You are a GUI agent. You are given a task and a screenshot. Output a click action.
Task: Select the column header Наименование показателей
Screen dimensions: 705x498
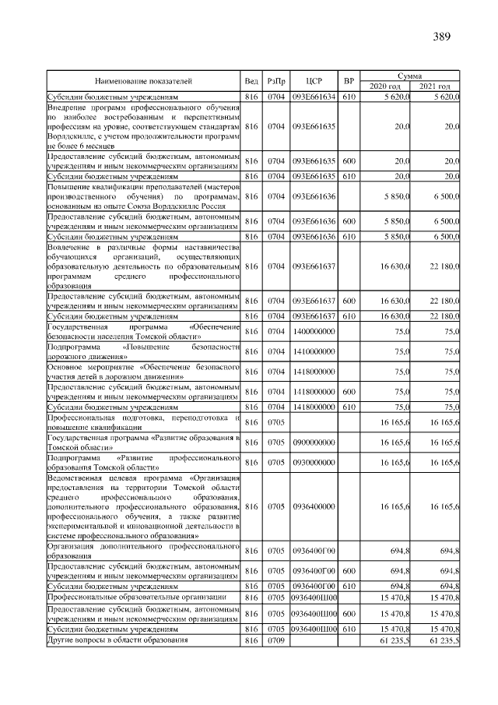[x=143, y=80]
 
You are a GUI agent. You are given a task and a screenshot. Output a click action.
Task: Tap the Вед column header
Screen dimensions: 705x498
[x=251, y=80]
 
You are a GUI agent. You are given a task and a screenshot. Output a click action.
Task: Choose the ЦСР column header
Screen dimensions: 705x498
[x=314, y=80]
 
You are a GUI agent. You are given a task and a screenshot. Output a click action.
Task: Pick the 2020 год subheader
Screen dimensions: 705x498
[x=384, y=86]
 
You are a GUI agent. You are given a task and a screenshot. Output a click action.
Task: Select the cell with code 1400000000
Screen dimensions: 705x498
[x=314, y=330]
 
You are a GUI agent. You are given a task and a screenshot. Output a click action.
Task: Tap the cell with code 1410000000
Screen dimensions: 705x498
[x=314, y=351]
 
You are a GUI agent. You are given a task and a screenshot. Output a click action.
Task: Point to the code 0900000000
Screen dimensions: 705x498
[x=314, y=442]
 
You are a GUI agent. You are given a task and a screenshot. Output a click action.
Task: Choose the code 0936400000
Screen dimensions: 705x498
[x=314, y=506]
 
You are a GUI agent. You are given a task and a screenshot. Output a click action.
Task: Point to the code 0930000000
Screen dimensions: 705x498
[x=314, y=463]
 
